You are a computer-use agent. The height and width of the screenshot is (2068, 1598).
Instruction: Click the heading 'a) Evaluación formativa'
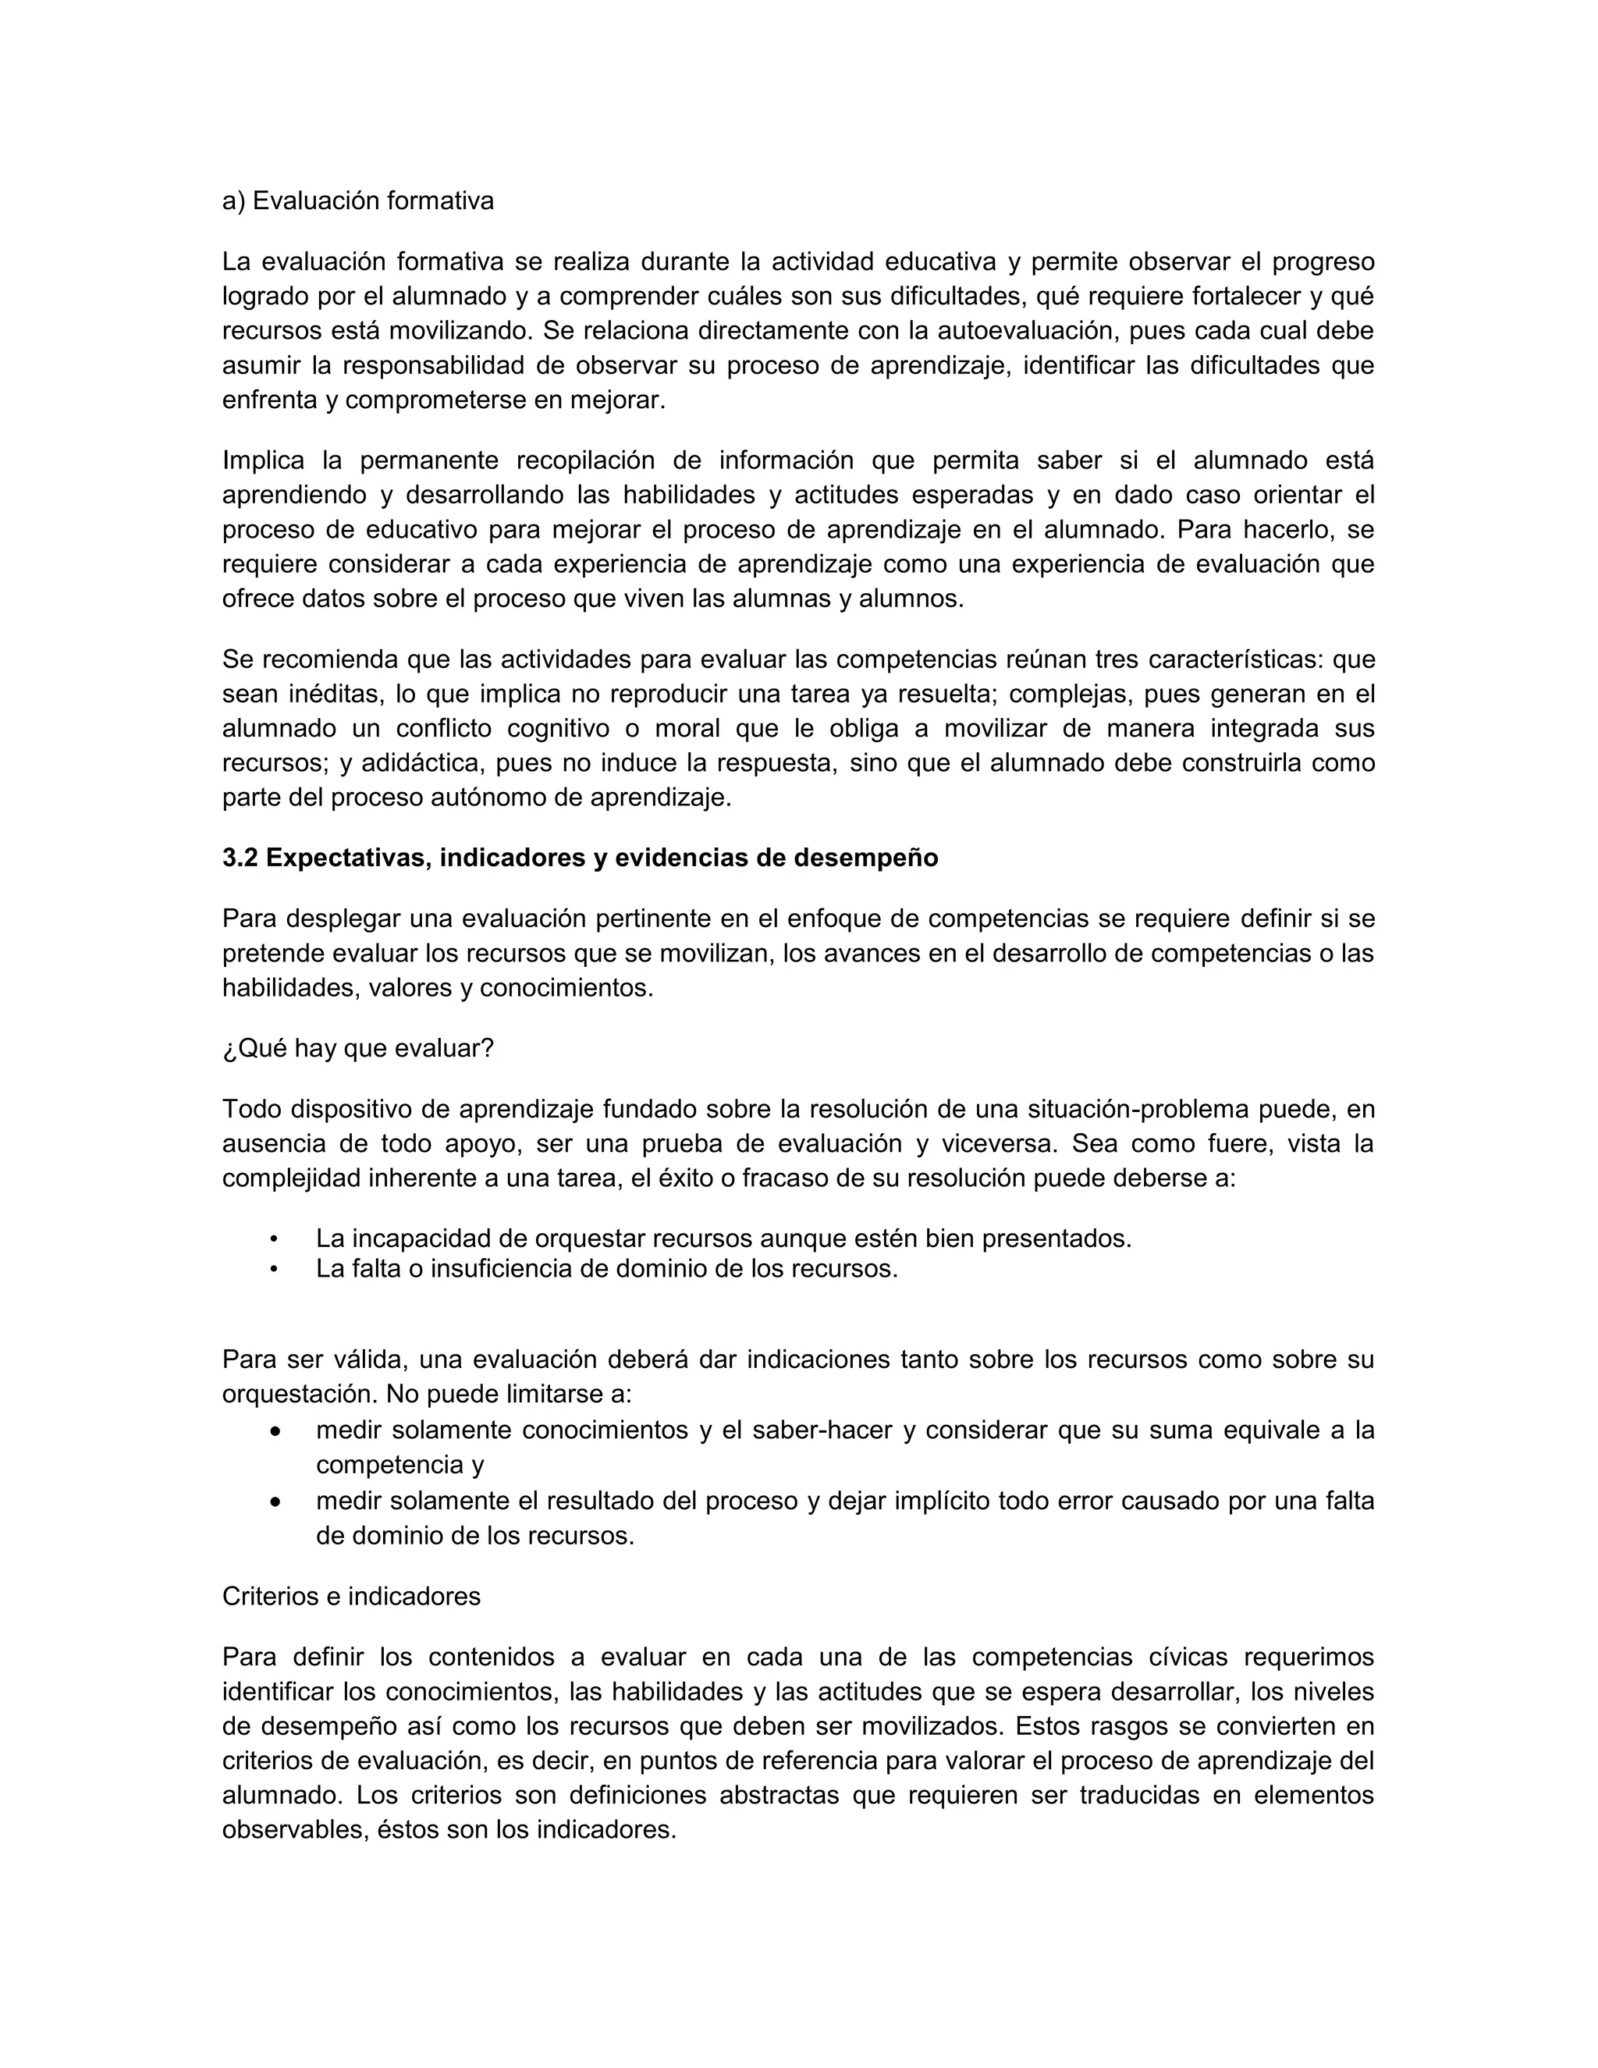[x=358, y=201]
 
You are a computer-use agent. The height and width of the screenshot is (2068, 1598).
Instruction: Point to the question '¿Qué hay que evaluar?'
[x=358, y=1049]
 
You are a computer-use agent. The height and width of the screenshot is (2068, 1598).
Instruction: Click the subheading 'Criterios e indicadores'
[x=351, y=1597]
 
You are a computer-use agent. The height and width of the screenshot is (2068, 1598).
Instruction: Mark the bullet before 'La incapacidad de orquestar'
[x=275, y=1239]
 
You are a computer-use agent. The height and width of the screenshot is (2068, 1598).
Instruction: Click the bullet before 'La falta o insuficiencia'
[x=275, y=1269]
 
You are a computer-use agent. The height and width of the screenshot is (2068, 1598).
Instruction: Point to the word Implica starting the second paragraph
[x=263, y=461]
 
